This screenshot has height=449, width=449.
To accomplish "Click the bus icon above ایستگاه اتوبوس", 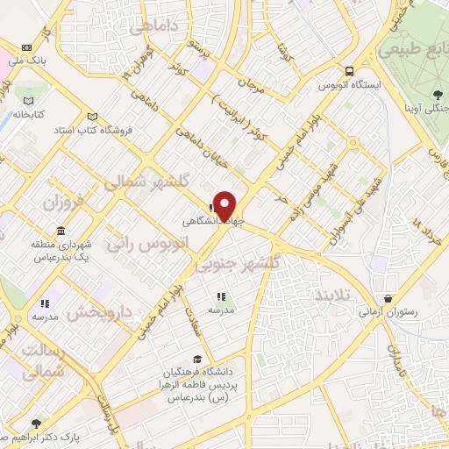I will coord(350,72).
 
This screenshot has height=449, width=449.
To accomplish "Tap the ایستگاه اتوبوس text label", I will coord(351,86).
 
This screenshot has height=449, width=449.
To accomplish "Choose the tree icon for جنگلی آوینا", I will coord(437,94).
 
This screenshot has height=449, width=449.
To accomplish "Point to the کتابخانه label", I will coord(29,114).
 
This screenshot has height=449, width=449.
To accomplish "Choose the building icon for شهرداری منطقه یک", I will coord(61,232).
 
